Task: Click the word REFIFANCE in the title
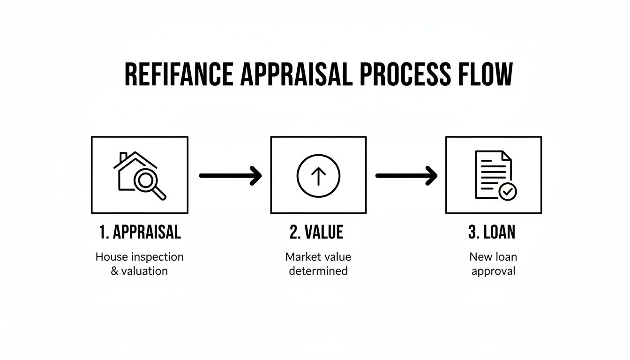tap(179, 75)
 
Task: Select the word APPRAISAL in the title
tap(295, 75)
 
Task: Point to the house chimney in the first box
tap(123, 157)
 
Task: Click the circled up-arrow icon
tap(318, 176)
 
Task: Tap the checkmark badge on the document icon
tap(507, 191)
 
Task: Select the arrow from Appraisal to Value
tap(230, 176)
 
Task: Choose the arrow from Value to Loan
tap(406, 176)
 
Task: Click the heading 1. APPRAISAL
tap(140, 232)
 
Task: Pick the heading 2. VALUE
tap(316, 232)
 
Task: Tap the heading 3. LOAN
tap(492, 232)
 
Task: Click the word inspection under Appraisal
tap(157, 257)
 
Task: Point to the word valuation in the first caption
tap(144, 271)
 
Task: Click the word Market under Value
tap(301, 257)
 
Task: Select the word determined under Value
tap(318, 271)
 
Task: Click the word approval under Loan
tap(493, 271)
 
